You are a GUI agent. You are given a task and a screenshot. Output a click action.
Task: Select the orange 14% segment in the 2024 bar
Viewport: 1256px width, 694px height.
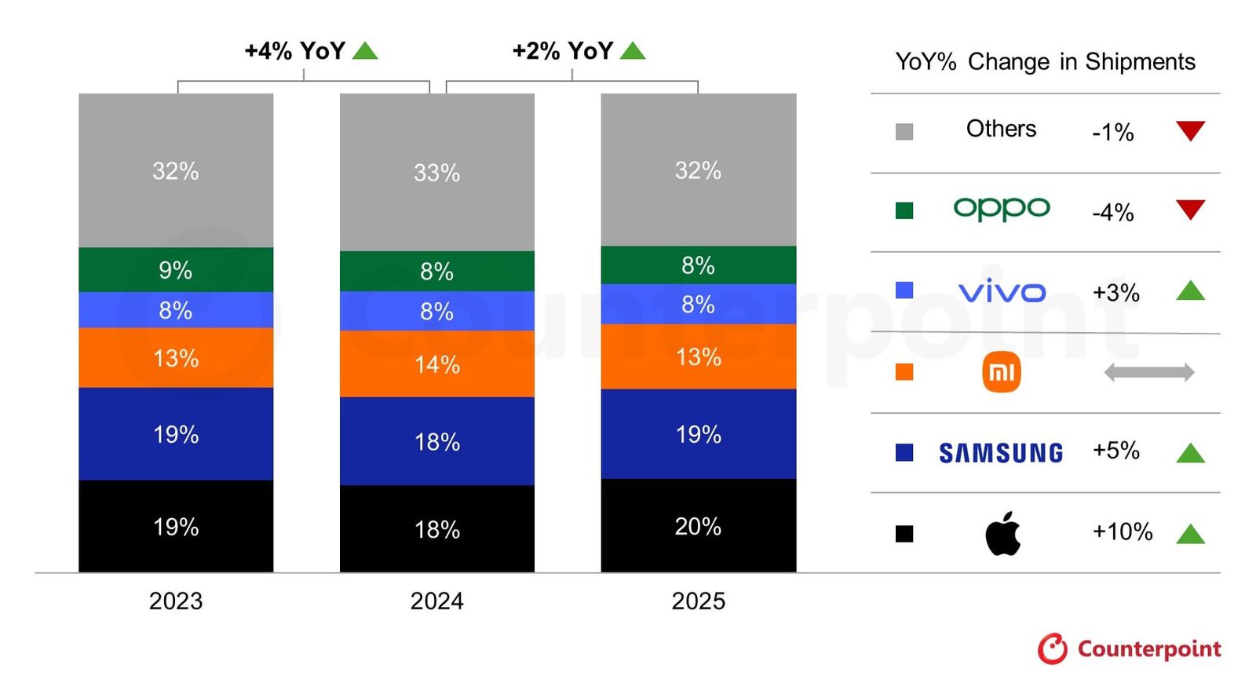436,364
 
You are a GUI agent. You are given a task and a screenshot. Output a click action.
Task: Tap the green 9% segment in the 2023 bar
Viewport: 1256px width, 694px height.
176,270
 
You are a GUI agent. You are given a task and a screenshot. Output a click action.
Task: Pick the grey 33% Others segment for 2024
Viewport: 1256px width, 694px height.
436,173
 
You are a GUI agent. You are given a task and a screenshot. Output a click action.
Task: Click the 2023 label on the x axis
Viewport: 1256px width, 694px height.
176,601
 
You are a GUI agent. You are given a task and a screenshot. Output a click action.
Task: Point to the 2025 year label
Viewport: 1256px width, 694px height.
698,601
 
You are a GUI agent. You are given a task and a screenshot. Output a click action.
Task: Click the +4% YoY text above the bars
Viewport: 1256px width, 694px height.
295,51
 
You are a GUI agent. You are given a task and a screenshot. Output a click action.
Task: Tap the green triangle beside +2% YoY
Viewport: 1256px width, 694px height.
633,51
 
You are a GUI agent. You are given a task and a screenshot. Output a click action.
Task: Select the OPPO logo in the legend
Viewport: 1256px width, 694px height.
1001,209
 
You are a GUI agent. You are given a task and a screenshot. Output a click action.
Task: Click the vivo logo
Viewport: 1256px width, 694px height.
1002,291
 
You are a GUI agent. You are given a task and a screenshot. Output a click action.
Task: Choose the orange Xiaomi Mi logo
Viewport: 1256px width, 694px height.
1001,372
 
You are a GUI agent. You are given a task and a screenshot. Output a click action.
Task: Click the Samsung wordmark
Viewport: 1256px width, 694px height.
1001,453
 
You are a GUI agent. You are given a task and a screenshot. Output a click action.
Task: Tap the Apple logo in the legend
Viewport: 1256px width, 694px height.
1002,534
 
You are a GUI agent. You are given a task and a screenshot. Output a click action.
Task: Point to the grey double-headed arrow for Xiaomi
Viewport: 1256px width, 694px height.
1148,372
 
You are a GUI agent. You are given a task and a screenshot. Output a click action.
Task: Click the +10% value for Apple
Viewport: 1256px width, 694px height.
1122,531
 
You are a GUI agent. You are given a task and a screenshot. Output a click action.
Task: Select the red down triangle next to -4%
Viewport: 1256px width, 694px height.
1190,210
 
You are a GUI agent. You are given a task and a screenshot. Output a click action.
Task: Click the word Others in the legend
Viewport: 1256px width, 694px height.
1001,129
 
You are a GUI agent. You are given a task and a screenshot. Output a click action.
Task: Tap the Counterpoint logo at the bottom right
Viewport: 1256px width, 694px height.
1129,648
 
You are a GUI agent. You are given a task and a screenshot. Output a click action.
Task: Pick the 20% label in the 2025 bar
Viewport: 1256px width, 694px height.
698,526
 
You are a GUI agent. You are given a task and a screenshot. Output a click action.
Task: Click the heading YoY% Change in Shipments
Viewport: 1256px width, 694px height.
1045,61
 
